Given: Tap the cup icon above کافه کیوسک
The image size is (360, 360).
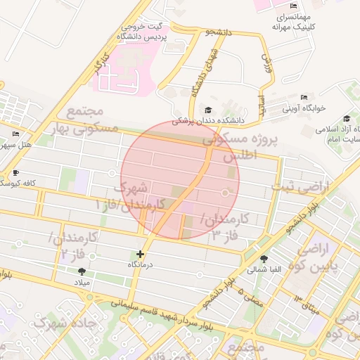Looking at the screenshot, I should tap(16, 172).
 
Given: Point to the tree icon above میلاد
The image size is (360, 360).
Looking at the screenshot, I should tap(82, 271).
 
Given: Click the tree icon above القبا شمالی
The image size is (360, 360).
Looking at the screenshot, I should tap(264, 258).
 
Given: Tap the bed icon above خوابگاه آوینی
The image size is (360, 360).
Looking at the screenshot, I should tap(304, 98).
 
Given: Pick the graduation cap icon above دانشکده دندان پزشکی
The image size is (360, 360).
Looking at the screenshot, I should tap(208, 110).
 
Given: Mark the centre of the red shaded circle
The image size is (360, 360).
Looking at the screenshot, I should tap(180, 180).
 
